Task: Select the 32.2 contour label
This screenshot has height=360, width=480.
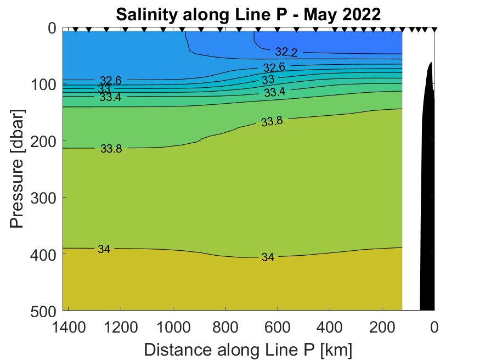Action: click(286, 52)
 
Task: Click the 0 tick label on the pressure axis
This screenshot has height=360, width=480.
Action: click(52, 28)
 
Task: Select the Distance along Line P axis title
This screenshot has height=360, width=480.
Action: click(248, 349)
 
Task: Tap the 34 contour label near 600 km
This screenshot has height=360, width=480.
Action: click(268, 257)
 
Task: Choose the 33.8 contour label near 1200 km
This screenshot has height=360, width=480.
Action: click(111, 148)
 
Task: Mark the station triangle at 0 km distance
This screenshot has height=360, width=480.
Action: click(434, 29)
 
